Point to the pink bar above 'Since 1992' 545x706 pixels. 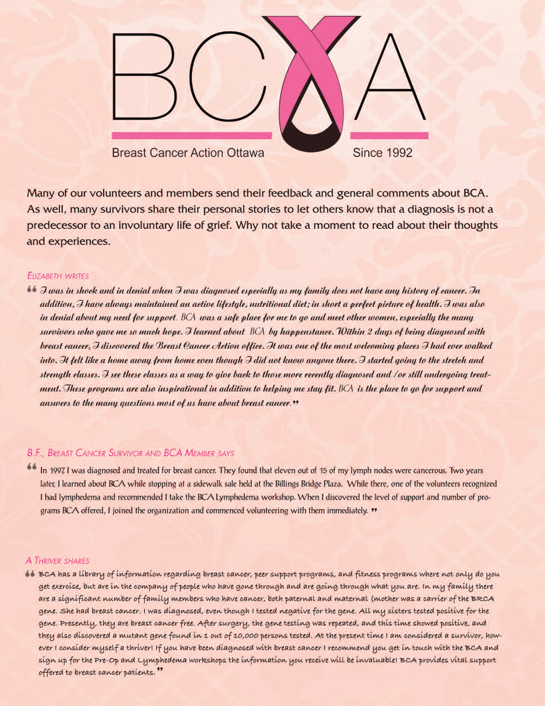pos(389,136)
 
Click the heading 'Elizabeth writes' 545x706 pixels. pos(58,276)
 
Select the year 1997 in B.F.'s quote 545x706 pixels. pos(57,471)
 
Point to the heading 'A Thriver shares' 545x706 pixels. pos(57,561)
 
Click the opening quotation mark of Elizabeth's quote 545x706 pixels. pos(31,290)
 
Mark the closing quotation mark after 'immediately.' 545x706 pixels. pos(374,510)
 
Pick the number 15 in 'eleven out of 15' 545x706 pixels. pos(323,471)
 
